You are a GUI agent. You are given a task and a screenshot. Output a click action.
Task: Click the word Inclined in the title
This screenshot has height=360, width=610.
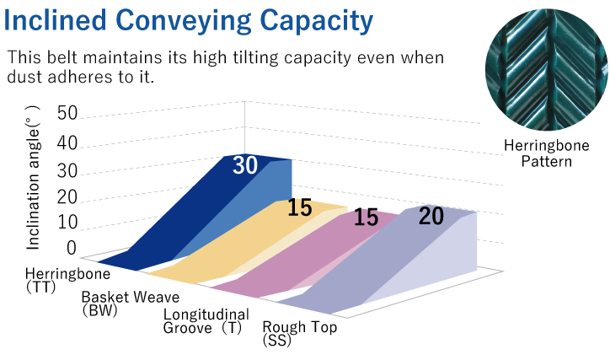56,20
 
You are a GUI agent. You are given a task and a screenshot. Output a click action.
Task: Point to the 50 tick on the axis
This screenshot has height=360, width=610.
67,113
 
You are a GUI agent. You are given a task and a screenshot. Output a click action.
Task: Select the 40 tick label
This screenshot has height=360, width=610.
67,143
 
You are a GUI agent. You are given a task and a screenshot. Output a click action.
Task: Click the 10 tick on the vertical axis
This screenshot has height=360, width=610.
67,223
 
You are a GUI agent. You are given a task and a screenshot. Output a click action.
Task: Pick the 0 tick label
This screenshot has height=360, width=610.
72,248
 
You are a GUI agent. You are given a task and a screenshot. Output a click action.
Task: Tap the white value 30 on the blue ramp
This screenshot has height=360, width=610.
245,165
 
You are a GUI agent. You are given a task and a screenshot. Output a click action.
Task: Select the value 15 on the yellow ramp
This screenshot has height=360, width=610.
300,207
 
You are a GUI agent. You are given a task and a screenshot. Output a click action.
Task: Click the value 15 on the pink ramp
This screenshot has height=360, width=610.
366,218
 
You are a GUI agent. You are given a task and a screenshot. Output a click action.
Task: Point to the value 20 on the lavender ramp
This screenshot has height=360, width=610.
431,216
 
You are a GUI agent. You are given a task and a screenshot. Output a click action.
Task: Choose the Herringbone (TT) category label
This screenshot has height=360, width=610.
67,280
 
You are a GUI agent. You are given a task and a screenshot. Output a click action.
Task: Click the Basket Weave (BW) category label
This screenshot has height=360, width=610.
131,304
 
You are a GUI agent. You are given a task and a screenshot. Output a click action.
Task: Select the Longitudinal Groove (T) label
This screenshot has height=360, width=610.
206,321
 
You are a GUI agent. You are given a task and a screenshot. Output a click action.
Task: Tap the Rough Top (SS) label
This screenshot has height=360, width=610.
300,333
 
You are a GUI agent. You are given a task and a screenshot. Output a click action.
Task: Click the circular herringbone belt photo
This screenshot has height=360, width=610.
547,69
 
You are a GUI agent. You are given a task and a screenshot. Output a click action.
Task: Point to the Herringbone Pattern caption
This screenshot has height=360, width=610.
547,153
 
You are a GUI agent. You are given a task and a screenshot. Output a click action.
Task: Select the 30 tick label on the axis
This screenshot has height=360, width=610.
67,171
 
